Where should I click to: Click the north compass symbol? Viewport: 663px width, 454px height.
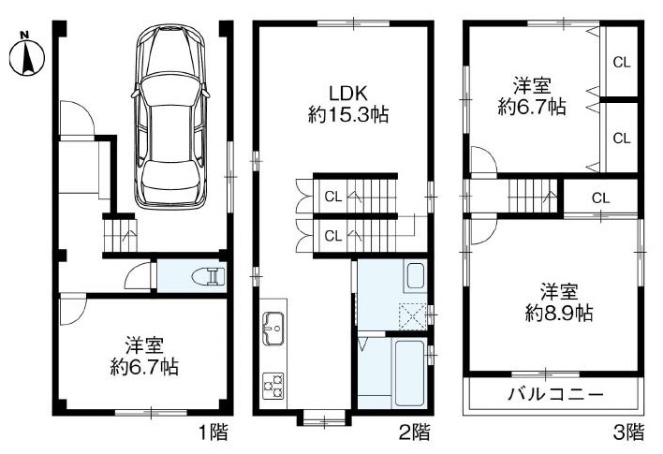(x=27, y=55)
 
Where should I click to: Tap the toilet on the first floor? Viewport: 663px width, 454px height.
(x=208, y=276)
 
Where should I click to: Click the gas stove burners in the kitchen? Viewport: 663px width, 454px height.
(x=273, y=386)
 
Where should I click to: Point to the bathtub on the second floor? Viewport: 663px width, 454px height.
(x=409, y=373)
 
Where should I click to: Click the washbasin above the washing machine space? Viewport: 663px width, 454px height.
(x=415, y=276)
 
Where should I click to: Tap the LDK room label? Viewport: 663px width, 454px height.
(x=348, y=94)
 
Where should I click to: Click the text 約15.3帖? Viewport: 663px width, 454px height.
(x=348, y=114)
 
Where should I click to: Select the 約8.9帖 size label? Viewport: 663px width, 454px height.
(x=559, y=313)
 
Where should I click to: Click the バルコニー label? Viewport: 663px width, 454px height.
(x=555, y=395)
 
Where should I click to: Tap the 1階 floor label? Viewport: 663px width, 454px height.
(x=214, y=432)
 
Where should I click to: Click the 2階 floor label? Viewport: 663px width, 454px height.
(x=415, y=432)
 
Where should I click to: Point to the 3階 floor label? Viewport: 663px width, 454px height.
(x=628, y=432)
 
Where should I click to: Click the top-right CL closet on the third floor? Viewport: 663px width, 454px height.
(x=622, y=63)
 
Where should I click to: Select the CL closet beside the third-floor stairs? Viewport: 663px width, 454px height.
(x=600, y=198)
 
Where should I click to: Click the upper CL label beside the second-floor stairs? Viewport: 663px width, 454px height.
(x=333, y=197)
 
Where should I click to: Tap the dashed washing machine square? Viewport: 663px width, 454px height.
(x=413, y=316)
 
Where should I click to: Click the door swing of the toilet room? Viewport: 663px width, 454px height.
(x=139, y=276)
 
